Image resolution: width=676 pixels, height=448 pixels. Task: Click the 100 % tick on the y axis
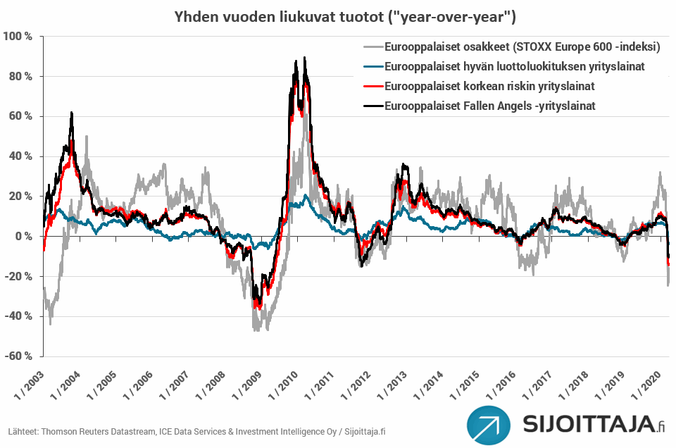tap(18, 36)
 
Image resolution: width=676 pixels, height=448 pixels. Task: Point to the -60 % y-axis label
tap(18, 356)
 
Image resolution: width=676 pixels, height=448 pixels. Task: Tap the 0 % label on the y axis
tap(23, 236)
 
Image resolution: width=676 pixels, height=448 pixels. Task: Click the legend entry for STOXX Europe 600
tap(522, 48)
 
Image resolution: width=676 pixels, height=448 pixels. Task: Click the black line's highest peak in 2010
tap(304, 58)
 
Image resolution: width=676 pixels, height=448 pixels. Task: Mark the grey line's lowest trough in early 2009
tap(255, 330)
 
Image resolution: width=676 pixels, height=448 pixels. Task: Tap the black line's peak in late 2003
tap(72, 113)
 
